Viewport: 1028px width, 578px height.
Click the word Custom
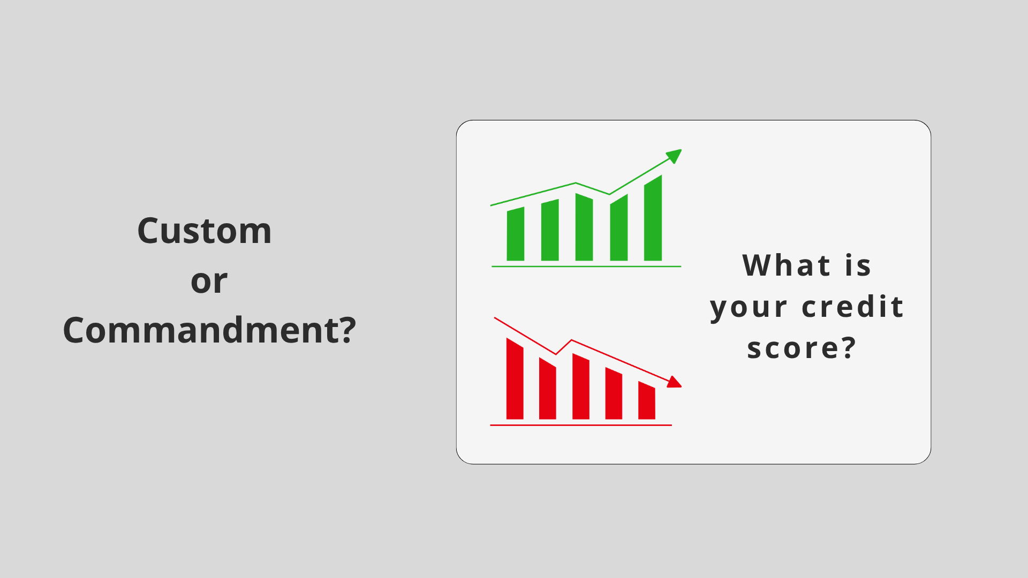pos(205,231)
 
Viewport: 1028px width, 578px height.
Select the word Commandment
pos(201,330)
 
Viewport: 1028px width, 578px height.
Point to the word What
pos(787,265)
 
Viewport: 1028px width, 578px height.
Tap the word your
pos(749,308)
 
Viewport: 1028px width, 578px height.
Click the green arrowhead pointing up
pos(674,155)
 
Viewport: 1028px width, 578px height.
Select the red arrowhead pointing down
pos(674,382)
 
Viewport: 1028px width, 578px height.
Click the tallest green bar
pos(653,219)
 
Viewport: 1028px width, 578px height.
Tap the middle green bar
pos(584,227)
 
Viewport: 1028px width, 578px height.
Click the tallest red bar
pos(515,379)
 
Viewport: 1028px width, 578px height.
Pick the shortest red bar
pos(647,401)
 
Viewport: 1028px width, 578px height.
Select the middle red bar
pos(581,386)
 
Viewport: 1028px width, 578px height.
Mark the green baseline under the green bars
pos(586,266)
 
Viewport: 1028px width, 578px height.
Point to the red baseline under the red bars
pos(581,425)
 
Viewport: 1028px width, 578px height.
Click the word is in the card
pos(858,265)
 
